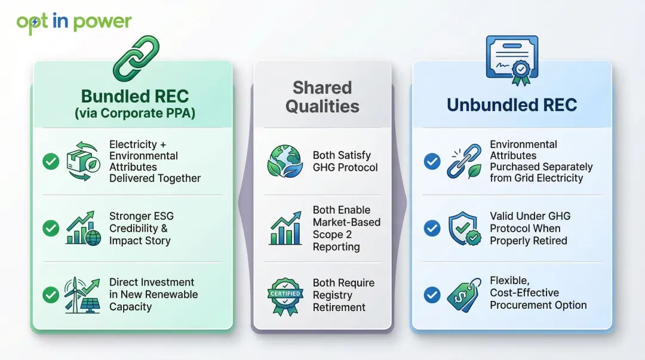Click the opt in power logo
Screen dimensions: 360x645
click(x=74, y=23)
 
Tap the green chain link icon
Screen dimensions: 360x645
click(x=136, y=58)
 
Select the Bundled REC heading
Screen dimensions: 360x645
click(x=135, y=96)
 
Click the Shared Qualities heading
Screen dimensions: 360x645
click(x=322, y=97)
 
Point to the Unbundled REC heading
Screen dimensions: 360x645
click(x=511, y=105)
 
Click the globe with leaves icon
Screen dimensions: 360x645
click(x=285, y=161)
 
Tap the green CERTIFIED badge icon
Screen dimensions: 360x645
click(x=285, y=294)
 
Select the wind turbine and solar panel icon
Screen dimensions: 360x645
click(x=82, y=294)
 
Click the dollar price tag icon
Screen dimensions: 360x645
click(x=464, y=294)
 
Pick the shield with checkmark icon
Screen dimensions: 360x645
click(x=464, y=228)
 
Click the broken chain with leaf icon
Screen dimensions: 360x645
click(x=464, y=161)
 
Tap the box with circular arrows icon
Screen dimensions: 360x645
click(x=82, y=161)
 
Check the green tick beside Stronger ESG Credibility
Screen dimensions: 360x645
click(x=51, y=228)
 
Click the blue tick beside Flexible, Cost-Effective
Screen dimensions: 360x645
click(x=432, y=294)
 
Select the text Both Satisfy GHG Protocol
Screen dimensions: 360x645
click(x=345, y=161)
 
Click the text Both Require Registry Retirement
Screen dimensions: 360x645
click(x=343, y=295)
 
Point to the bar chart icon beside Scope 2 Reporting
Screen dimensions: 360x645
click(x=285, y=228)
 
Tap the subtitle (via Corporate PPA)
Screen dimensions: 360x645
click(x=135, y=113)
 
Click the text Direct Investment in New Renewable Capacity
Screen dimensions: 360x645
click(x=153, y=294)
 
